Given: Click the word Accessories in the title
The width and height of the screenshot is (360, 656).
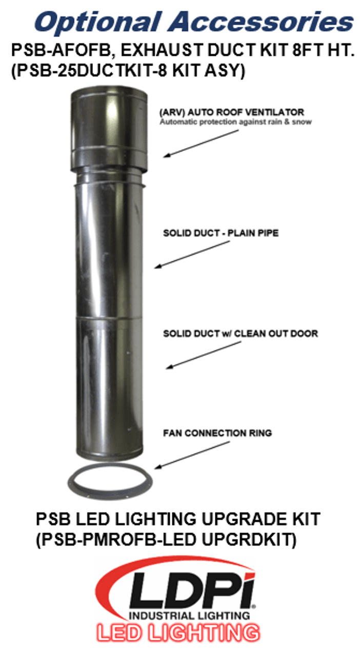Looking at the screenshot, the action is click(261, 22).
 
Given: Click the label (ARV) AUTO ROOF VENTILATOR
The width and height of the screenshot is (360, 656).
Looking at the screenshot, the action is click(232, 112).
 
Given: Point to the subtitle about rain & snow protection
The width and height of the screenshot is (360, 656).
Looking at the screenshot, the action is click(235, 122).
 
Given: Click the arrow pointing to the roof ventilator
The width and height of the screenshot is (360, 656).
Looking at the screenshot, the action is click(201, 143).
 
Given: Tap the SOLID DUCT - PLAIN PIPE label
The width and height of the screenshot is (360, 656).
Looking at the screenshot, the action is click(221, 233).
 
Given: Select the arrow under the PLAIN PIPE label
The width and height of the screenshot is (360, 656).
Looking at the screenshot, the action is click(192, 254).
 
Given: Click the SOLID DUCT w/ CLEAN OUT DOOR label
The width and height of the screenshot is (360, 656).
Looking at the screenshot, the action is click(241, 334).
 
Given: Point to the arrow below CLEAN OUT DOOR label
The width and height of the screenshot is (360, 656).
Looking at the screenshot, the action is click(203, 355).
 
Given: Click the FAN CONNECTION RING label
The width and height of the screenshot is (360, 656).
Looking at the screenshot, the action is click(217, 433).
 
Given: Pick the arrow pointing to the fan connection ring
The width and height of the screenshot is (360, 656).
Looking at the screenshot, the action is click(192, 455).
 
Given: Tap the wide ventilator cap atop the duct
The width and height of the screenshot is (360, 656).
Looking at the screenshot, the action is click(109, 128).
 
